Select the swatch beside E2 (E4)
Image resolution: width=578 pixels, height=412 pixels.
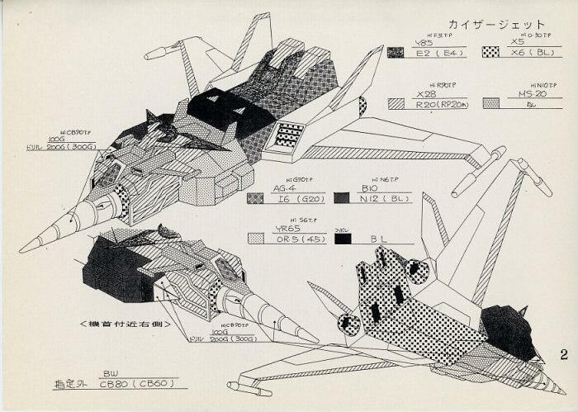tap(396, 53)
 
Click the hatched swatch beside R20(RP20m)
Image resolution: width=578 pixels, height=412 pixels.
tap(396, 104)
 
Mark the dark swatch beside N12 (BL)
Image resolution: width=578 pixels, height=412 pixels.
tap(342, 198)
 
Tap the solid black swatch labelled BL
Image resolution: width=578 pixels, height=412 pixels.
tap(342, 239)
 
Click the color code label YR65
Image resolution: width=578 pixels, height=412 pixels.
tap(285, 228)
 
